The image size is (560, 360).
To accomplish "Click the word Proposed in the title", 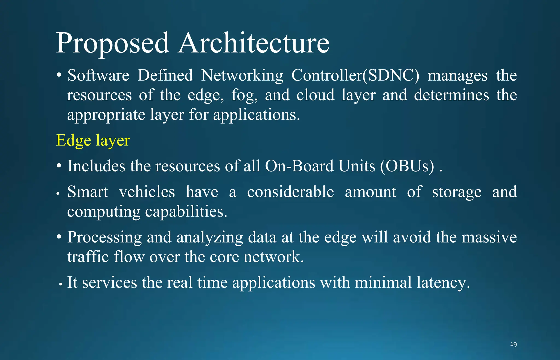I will (113, 44).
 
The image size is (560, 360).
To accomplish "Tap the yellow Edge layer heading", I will (93, 141).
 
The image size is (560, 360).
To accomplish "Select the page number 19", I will (513, 344).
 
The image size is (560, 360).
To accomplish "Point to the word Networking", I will (242, 76).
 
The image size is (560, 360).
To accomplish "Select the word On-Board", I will (299, 166).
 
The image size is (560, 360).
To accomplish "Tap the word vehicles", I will (147, 192).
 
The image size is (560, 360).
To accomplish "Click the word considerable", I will (290, 192).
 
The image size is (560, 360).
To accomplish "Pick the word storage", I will (457, 192).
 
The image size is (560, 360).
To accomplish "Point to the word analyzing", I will (210, 237).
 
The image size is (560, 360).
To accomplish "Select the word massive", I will (489, 237).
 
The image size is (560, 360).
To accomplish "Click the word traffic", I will (88, 257).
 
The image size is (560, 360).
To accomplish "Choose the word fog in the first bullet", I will (244, 95).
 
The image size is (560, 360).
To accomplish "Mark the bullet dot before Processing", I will (59, 237).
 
